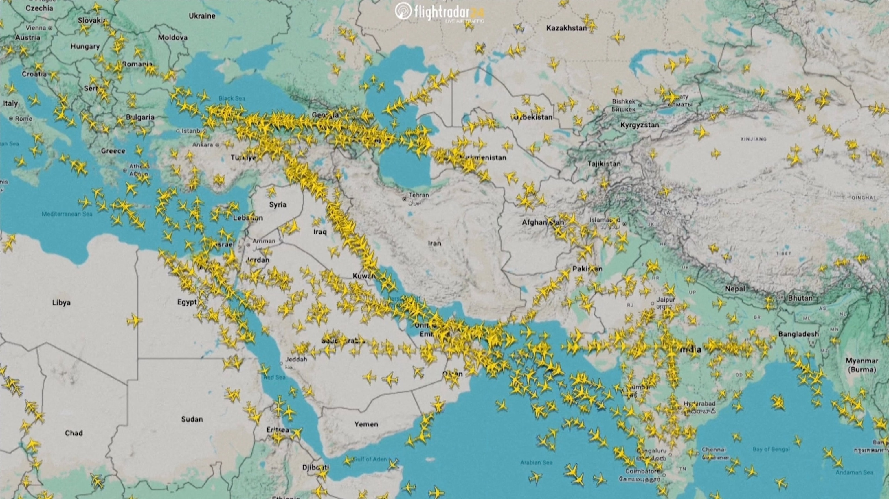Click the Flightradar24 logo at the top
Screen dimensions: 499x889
[x=439, y=12]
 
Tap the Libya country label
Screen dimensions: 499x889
[x=61, y=302]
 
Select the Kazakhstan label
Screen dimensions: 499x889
[x=566, y=28]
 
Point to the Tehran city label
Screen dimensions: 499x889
[x=419, y=195]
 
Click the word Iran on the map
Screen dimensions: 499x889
[x=434, y=243]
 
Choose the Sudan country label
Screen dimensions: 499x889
[x=192, y=419]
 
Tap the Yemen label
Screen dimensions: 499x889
[x=366, y=424]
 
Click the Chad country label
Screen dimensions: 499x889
[x=74, y=433]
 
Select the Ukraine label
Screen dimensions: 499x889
[x=202, y=16]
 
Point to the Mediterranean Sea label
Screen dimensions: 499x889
[x=67, y=214]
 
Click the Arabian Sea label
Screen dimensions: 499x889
[x=536, y=463]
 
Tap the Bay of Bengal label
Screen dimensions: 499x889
[x=771, y=449]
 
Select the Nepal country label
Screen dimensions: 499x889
[x=735, y=289]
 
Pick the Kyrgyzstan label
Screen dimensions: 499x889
[x=640, y=125]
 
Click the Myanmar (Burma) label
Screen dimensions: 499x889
[x=862, y=365]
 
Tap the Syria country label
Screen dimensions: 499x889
[x=278, y=204]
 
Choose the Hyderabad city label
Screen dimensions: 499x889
[x=699, y=403]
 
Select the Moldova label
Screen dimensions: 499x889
[x=172, y=37]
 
